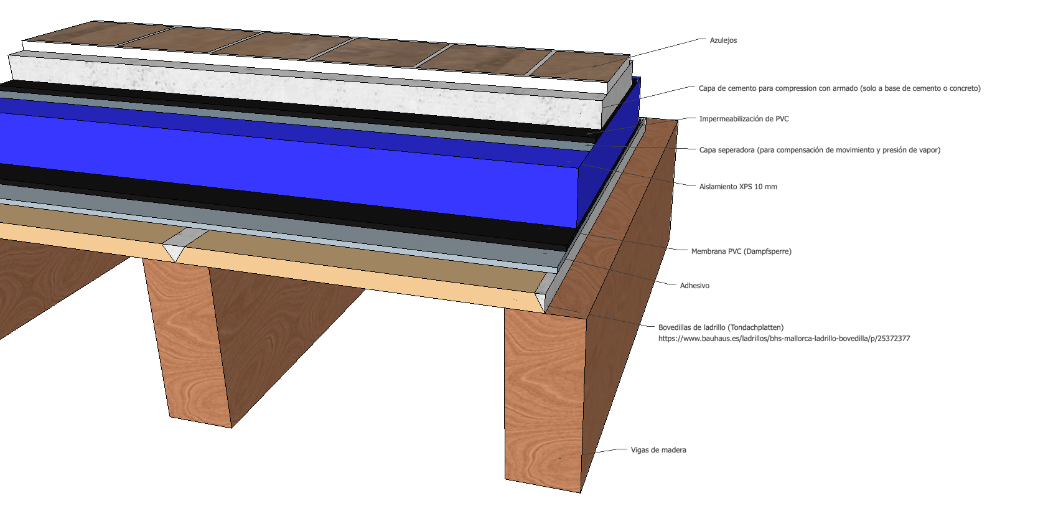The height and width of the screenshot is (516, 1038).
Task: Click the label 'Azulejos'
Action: point(723,40)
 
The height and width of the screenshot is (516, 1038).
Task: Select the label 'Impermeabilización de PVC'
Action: point(744,119)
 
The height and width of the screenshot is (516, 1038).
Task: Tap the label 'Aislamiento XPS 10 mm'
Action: point(737,187)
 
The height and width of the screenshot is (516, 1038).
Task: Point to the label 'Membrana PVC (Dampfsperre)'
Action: point(741,251)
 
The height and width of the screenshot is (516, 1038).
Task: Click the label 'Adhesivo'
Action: point(694,286)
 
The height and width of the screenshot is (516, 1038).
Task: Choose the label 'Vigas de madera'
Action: point(658,450)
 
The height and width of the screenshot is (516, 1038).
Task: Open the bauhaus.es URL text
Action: point(784,339)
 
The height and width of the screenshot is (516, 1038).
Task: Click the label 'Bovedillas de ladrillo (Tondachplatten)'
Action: point(721,327)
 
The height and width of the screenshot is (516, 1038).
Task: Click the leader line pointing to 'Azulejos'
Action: point(666,47)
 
